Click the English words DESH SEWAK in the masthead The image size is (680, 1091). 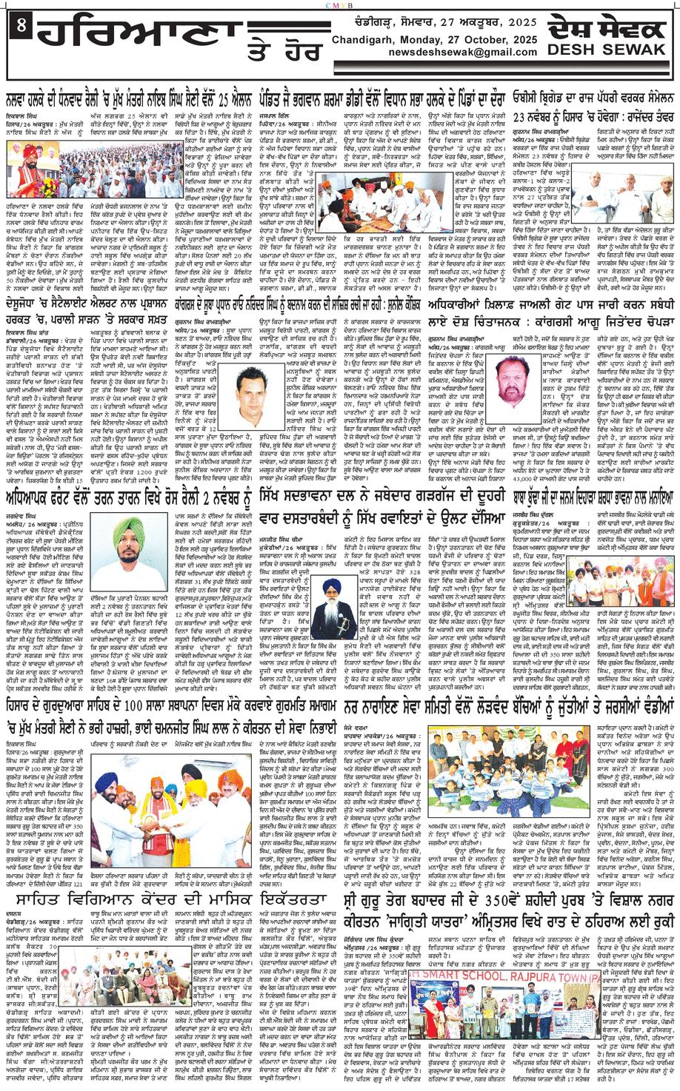point(606,50)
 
